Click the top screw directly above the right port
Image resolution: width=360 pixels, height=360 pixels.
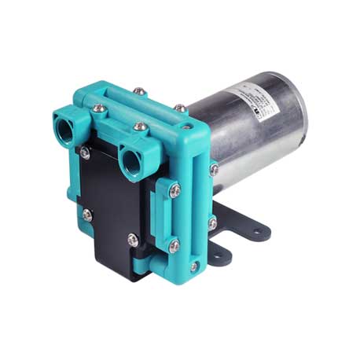click(140, 126)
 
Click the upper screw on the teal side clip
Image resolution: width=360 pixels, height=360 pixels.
click(174, 189)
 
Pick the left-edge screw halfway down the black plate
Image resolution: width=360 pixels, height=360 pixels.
click(86, 213)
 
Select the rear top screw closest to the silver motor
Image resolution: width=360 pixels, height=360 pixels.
click(180, 108)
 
